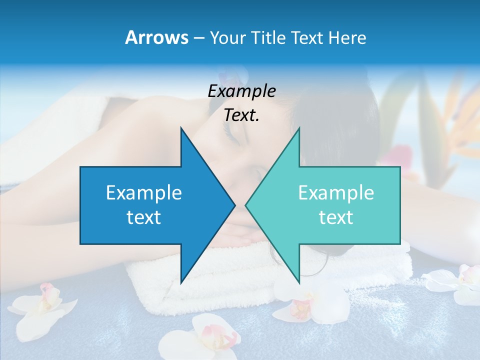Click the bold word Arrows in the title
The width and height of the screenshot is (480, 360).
coord(157,37)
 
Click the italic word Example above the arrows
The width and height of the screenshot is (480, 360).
coord(241,91)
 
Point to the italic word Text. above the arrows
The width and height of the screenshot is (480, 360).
coord(241,115)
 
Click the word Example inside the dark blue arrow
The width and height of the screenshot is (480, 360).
coord(144,192)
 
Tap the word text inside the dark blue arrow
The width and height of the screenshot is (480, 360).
coord(144,217)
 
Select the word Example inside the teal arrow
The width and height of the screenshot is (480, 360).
coord(336,192)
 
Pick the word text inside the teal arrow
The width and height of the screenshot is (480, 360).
coord(336,217)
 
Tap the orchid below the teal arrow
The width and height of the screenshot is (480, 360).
coord(300,305)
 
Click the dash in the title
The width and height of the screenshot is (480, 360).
coord(198,38)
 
